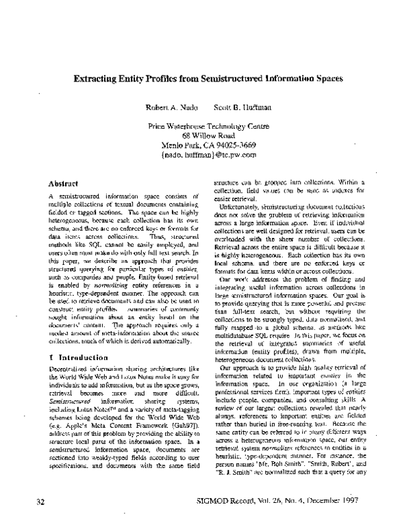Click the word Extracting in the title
96,78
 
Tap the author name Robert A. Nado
165,108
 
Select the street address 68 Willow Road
204,135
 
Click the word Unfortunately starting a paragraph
240,207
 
